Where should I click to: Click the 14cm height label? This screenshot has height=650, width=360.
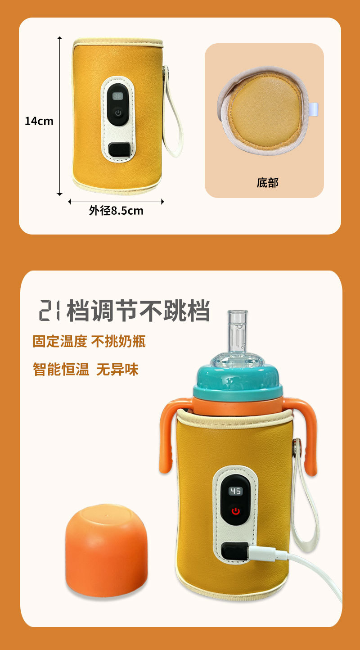point(39,121)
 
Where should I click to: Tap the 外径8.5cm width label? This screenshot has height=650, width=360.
point(116,211)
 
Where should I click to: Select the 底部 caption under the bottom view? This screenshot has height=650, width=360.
point(267,183)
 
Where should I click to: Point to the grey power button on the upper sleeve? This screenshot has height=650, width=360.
point(118,113)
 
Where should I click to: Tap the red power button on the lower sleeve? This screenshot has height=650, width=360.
point(235,511)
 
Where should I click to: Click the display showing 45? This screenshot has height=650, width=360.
point(235,491)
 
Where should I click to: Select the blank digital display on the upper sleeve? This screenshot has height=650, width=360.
point(117,96)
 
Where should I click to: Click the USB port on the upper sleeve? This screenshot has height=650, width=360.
point(119,150)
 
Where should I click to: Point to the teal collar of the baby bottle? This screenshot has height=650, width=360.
point(238,381)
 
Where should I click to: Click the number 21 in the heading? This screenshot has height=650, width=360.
point(49,311)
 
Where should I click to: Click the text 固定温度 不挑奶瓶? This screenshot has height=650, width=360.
point(89,341)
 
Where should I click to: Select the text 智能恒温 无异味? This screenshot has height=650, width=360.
point(85,370)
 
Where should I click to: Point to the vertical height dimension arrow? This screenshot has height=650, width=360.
point(60,116)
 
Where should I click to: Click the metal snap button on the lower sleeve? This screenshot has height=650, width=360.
point(297,445)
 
